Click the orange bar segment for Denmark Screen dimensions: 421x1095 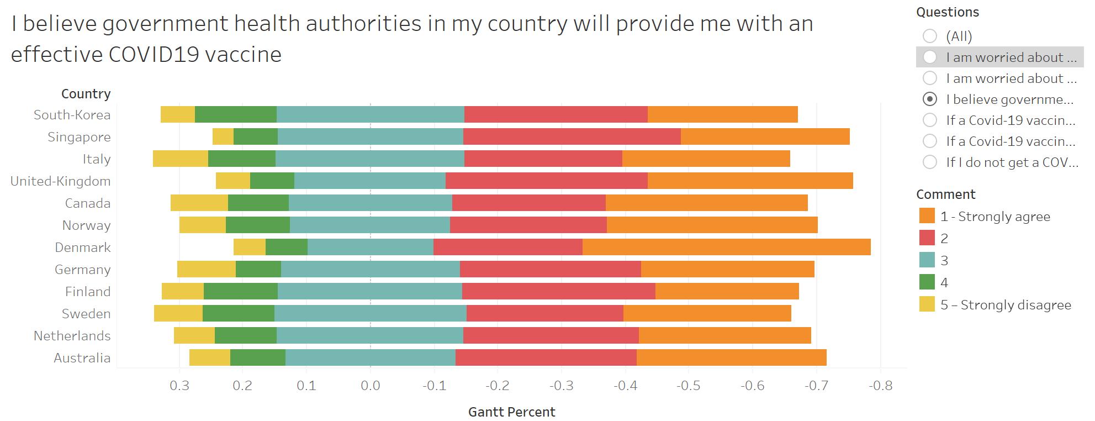click(x=726, y=247)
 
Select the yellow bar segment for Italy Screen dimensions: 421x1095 click(x=181, y=159)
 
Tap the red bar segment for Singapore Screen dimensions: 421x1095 click(x=572, y=136)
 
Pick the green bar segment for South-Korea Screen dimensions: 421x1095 click(x=236, y=114)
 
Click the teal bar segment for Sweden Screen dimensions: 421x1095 click(x=370, y=313)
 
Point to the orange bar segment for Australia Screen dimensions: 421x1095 click(x=731, y=357)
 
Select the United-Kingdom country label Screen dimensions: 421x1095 click(x=61, y=181)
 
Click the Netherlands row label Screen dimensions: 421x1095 click(x=72, y=336)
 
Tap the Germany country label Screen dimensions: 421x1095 click(x=83, y=270)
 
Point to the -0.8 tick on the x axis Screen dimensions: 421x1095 click(x=880, y=386)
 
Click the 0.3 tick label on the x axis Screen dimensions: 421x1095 click(x=179, y=386)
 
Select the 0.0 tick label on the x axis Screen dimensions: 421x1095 click(x=371, y=386)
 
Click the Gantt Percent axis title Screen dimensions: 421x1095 click(x=511, y=412)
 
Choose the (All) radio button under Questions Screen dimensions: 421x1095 click(x=930, y=36)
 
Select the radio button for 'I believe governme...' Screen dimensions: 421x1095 click(x=930, y=99)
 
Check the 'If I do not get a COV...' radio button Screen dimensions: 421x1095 click(x=930, y=162)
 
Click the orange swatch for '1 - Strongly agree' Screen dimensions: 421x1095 click(x=927, y=216)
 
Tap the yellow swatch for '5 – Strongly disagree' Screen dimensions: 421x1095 click(x=927, y=304)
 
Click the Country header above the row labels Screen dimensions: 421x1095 click(x=86, y=94)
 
